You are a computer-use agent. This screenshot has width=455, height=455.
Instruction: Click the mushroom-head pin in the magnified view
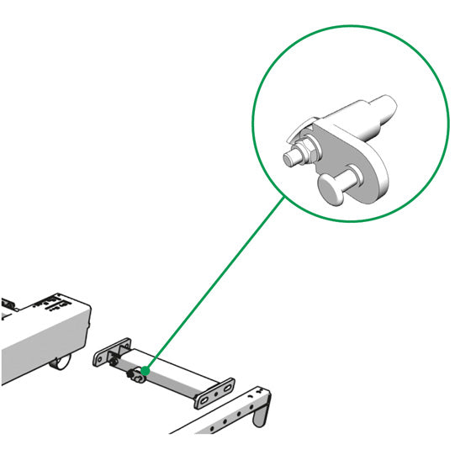point(331,189)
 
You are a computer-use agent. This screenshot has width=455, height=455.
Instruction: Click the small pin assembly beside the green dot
point(135,376)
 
